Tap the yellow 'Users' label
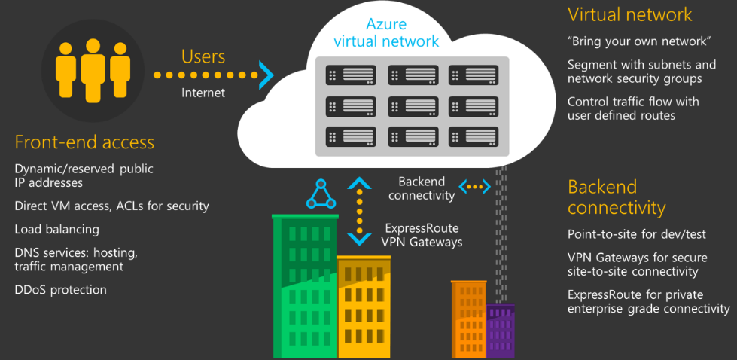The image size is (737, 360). [x=203, y=56]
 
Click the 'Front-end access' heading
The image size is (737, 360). [x=84, y=142]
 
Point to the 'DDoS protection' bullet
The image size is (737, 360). [x=60, y=290]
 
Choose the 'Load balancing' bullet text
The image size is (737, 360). [x=56, y=229]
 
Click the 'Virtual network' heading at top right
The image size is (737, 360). [x=629, y=14]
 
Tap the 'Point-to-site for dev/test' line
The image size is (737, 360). [x=636, y=234]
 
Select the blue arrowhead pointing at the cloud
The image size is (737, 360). [x=265, y=75]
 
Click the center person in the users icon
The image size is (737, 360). [x=93, y=72]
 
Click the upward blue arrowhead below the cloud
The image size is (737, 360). [x=359, y=183]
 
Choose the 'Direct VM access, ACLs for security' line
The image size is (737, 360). [x=111, y=206]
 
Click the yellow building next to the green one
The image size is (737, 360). [x=364, y=309]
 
